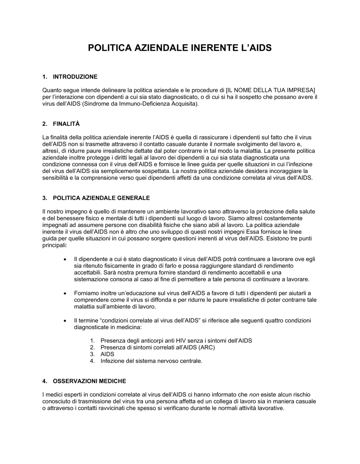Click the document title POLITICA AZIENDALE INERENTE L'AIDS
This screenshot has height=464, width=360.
pos(180,47)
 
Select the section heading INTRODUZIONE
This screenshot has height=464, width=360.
pos(75,77)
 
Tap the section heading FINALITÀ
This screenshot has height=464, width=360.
pos(66,124)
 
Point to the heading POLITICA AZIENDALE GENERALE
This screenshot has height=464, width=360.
pos(101,198)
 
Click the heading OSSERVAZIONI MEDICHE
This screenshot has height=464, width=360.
pos(89,381)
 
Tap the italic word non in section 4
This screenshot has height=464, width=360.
pos(254,395)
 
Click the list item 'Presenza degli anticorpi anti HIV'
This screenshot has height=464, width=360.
pos(176,341)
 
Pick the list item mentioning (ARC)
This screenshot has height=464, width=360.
pos(157,347)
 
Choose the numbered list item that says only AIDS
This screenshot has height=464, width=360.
pos(107,354)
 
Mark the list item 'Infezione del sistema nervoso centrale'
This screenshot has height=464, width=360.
pos(151,361)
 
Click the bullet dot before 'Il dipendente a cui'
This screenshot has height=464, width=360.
pos(65,259)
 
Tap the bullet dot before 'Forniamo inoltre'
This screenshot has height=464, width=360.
pos(65,294)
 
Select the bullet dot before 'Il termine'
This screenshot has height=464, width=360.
pos(65,321)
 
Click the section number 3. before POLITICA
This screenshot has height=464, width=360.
pos(45,198)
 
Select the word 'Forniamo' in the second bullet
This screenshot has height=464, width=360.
pos(86,293)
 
